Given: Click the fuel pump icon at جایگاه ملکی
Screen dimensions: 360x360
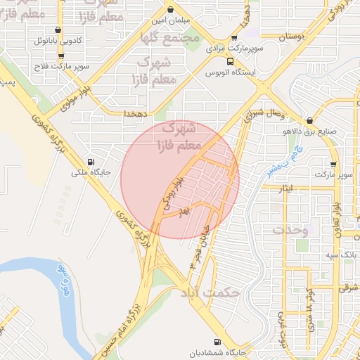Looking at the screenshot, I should coord(89,161).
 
